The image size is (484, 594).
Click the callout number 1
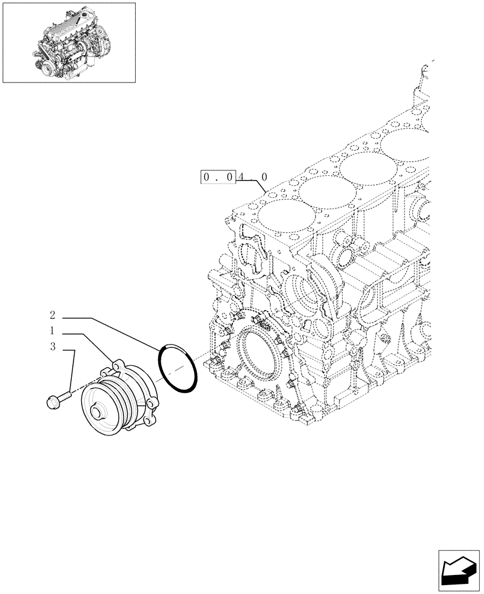(52, 330)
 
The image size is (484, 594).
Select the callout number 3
(52, 347)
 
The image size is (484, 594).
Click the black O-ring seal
(177, 369)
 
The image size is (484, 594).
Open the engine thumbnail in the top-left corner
(69, 42)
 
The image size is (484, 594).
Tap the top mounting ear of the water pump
(119, 365)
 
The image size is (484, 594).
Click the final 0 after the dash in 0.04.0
(264, 177)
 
